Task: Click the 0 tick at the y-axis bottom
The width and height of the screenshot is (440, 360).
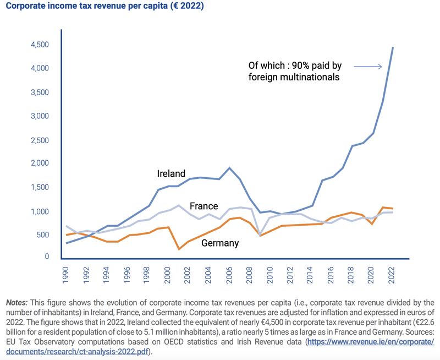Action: pyautogui.click(x=47, y=257)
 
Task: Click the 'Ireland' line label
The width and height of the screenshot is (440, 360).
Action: pyautogui.click(x=171, y=174)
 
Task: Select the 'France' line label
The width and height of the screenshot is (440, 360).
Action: pyautogui.click(x=204, y=206)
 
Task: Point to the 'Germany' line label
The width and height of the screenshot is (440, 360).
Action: pyautogui.click(x=219, y=243)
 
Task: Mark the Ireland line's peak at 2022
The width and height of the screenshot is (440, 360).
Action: pyautogui.click(x=393, y=48)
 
